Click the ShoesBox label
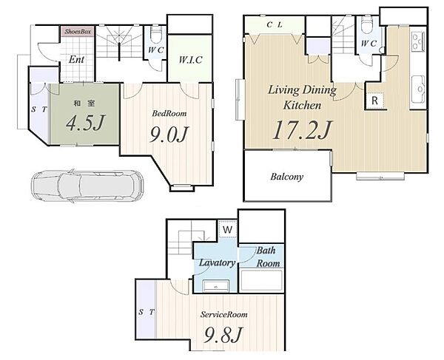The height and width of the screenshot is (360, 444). click(x=78, y=31)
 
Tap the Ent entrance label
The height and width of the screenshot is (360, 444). click(x=76, y=59)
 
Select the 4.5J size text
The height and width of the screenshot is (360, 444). click(x=85, y=123)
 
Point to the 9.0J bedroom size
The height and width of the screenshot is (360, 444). click(x=169, y=135)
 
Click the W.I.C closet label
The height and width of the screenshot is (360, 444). click(x=190, y=60)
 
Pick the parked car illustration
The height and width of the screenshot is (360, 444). click(x=87, y=186)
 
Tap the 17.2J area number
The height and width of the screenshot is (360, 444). click(x=302, y=129)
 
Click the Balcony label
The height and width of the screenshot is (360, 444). click(x=286, y=177)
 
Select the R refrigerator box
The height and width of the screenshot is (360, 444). click(x=375, y=101)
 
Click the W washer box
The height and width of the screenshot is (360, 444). click(x=228, y=229)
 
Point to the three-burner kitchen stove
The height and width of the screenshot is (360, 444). click(x=418, y=41)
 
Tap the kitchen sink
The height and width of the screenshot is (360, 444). click(x=418, y=89)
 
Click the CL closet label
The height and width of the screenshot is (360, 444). click(x=275, y=25)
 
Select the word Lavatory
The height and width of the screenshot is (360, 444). click(x=217, y=262)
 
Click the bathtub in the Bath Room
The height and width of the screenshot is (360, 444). click(x=261, y=281)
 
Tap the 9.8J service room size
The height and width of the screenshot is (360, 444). click(x=223, y=334)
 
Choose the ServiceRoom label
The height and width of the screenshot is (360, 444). click(x=223, y=314)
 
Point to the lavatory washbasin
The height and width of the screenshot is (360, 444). click(x=215, y=286)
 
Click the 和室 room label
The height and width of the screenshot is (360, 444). click(x=84, y=103)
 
